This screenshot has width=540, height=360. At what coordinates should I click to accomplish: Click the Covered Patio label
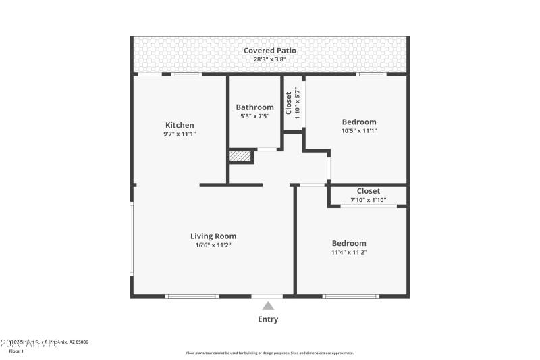click(270, 51)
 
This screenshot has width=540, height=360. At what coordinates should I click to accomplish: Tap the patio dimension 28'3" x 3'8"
click(270, 60)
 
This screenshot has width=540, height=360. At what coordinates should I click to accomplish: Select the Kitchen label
click(180, 125)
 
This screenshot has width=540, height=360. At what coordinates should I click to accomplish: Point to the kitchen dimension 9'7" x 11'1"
click(180, 134)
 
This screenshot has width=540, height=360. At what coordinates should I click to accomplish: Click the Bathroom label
click(254, 107)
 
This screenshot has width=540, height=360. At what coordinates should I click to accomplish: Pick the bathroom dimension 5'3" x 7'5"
click(254, 117)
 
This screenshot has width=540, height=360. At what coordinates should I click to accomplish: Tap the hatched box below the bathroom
click(240, 157)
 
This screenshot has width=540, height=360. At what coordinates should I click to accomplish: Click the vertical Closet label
click(289, 103)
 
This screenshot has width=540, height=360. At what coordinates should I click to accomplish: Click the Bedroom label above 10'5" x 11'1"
click(359, 122)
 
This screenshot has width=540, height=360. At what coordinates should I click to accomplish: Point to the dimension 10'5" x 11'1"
click(359, 131)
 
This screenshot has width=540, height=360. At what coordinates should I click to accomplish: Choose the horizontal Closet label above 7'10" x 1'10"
click(368, 191)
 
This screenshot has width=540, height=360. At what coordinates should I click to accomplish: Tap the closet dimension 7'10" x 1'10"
click(368, 200)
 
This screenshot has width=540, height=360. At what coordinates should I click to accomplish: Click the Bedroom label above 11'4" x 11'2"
click(349, 243)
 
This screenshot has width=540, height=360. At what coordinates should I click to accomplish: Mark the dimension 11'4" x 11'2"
click(349, 253)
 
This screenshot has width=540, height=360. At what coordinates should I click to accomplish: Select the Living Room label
click(213, 236)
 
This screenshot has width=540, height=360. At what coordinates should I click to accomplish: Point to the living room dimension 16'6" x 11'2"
click(213, 246)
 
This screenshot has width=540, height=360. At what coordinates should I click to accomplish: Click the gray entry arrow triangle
click(268, 306)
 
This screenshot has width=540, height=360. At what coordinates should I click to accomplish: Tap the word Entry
click(268, 319)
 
